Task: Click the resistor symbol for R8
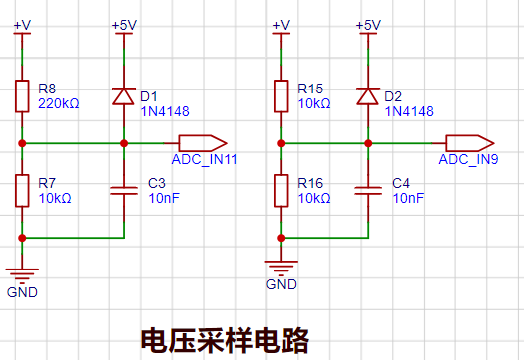[22, 96]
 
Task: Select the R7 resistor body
[22, 191]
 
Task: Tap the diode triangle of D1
[124, 96]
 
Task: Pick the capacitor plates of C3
[124, 191]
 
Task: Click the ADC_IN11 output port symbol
[203, 143]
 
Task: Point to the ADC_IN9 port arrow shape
[470, 143]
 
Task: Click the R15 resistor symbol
[281, 96]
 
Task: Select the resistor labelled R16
[281, 191]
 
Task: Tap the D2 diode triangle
[368, 96]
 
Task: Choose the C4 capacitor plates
[368, 191]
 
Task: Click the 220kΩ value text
[59, 104]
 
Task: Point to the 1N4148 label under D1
[165, 111]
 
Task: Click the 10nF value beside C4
[408, 198]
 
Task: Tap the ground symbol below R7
[22, 275]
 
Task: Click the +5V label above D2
[368, 26]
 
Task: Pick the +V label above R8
[22, 26]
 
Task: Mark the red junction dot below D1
[124, 143]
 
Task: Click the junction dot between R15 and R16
[281, 143]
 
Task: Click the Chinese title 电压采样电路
[225, 341]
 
